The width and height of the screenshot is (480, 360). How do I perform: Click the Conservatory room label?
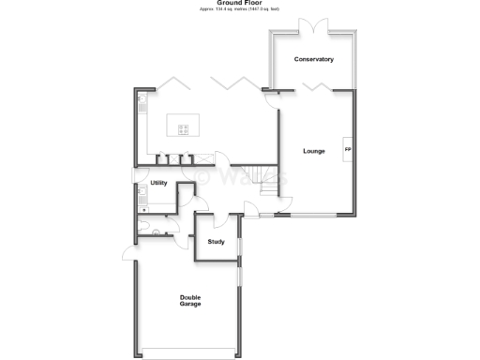point(313,59)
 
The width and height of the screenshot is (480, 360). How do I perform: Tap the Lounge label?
point(314,151)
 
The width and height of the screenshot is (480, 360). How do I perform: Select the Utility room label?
point(158,183)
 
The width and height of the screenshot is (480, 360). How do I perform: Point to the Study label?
point(217,242)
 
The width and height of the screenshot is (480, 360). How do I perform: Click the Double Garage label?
point(190,301)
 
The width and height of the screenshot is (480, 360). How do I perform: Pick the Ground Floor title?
point(239,3)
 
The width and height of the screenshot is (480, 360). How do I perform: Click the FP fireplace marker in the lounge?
point(348,150)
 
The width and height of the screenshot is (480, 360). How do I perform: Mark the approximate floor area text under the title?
point(239,9)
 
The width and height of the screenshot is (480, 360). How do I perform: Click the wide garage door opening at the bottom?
point(189,352)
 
